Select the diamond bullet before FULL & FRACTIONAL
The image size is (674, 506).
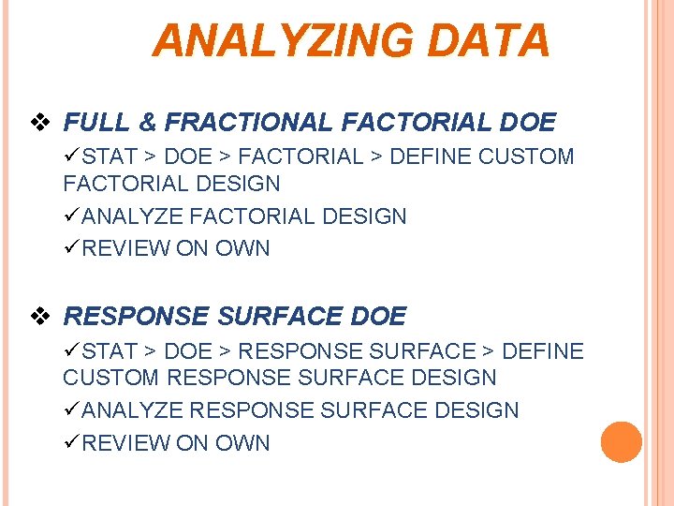click(39, 123)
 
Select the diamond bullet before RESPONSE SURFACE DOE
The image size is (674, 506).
click(39, 317)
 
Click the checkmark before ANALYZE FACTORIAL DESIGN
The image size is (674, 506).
click(71, 216)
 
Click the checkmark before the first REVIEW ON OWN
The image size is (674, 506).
click(71, 248)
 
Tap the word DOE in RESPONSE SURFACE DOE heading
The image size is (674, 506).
click(378, 317)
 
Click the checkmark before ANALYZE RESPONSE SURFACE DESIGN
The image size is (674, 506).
click(71, 410)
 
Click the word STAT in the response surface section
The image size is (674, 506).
click(110, 351)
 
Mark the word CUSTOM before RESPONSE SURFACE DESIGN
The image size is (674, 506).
click(111, 378)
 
